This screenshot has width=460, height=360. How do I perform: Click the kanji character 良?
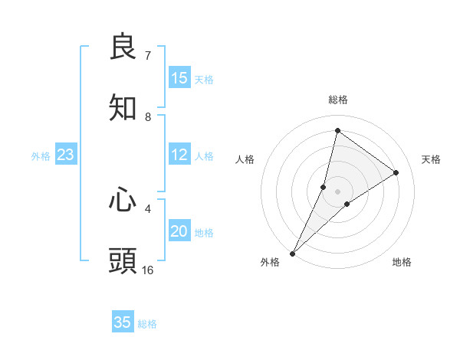click(x=123, y=47)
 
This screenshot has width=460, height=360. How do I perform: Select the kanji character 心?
click(x=123, y=201)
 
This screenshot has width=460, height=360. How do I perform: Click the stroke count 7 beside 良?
click(x=147, y=55)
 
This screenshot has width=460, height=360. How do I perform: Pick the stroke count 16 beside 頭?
click(x=148, y=270)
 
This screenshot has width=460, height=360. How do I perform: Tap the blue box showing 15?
click(x=179, y=78)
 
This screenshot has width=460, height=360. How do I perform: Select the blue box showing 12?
click(x=179, y=155)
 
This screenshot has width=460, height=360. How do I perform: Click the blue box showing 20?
click(x=179, y=231)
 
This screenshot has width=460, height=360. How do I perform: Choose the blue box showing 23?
click(x=65, y=155)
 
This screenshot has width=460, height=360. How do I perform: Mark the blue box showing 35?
click(x=123, y=322)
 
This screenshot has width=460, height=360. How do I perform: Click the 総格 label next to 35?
click(x=147, y=324)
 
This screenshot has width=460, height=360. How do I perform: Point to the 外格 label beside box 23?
click(x=41, y=156)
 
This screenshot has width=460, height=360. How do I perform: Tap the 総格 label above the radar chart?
click(x=337, y=100)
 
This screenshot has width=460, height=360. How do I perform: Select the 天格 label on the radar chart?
click(x=432, y=159)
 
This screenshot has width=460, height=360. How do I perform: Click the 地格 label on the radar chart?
click(x=402, y=262)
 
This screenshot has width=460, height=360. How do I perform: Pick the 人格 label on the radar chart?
click(x=245, y=159)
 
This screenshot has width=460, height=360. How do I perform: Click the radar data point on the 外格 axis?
click(x=292, y=254)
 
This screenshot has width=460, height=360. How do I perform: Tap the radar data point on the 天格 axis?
click(x=396, y=172)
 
